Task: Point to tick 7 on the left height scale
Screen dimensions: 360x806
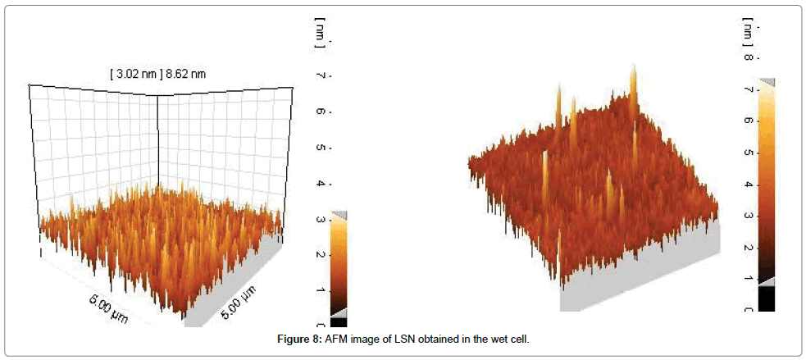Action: (319, 75)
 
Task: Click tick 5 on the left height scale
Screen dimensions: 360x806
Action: (319, 148)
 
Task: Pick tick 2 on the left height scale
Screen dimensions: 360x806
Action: (319, 255)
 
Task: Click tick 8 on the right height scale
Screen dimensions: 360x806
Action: (747, 57)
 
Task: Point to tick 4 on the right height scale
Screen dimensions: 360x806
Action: (747, 185)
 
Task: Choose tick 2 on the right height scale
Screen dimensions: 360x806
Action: (747, 247)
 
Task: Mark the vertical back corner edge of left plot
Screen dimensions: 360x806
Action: (157, 139)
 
